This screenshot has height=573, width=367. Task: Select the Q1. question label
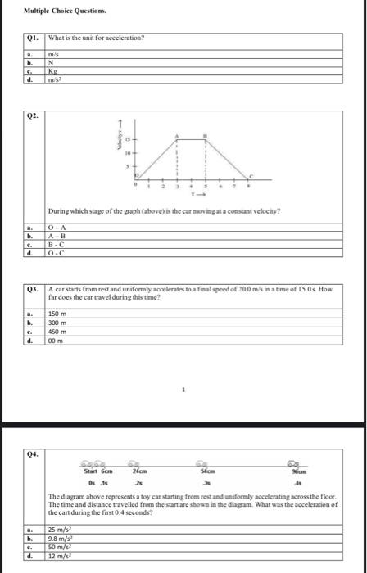tap(32, 38)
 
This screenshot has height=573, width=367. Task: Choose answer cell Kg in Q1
tap(54, 70)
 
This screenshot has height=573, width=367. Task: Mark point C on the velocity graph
tap(252, 176)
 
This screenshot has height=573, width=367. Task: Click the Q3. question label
tap(32, 289)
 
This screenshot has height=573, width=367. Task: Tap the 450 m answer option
tap(57, 329)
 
